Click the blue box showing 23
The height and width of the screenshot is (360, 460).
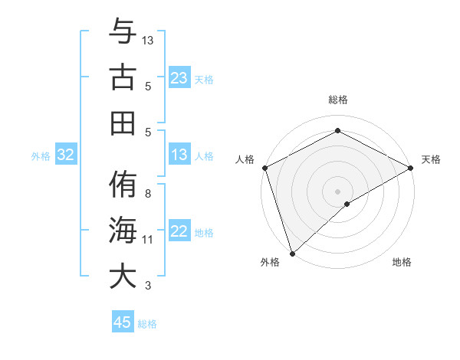pyautogui.click(x=179, y=77)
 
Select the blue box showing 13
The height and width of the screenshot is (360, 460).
pyautogui.click(x=179, y=155)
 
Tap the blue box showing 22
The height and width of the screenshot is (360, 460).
pyautogui.click(x=179, y=232)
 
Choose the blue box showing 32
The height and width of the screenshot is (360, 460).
pyautogui.click(x=66, y=155)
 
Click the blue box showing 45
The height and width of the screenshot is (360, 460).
pyautogui.click(x=123, y=322)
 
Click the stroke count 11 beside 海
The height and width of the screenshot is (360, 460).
pyautogui.click(x=148, y=240)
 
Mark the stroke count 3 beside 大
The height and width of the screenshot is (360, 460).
pyautogui.click(x=148, y=286)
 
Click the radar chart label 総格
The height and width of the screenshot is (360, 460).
pyautogui.click(x=337, y=100)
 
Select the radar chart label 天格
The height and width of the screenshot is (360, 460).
pyautogui.click(x=431, y=159)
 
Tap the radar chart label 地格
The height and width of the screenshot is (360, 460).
pyautogui.click(x=402, y=263)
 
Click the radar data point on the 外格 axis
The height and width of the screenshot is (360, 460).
pyautogui.click(x=292, y=253)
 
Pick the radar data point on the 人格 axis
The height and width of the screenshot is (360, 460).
pyautogui.click(x=264, y=168)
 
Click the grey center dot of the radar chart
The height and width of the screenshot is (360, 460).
pyautogui.click(x=337, y=191)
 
